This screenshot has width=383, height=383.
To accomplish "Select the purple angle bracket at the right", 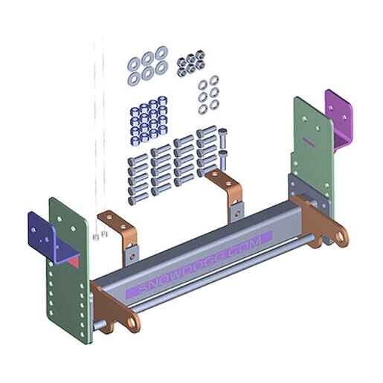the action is click(x=339, y=117).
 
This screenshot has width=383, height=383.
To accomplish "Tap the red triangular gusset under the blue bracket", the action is click(x=74, y=262).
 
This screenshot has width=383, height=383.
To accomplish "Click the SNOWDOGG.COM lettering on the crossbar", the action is click(x=199, y=264).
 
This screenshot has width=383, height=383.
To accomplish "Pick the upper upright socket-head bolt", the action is click(x=223, y=138).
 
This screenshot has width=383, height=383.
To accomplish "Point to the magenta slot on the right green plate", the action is click(x=309, y=142).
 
